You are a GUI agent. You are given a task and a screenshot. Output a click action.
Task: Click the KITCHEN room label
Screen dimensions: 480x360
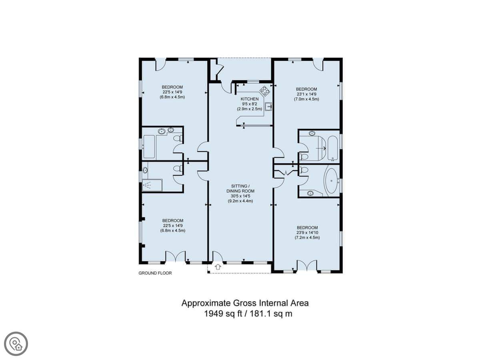tap(249, 99)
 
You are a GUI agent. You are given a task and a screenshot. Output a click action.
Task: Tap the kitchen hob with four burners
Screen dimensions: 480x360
tap(265, 91)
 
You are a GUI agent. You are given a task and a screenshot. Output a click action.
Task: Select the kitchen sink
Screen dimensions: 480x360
tap(268, 106)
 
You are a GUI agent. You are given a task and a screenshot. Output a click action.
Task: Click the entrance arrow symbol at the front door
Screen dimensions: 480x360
tap(218, 267)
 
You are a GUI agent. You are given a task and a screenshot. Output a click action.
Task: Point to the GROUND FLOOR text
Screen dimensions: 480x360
tap(155, 273)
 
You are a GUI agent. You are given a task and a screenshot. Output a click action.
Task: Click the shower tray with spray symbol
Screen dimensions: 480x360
tap(152, 185)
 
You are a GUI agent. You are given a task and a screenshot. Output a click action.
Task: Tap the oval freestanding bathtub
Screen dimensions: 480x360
tap(331, 181)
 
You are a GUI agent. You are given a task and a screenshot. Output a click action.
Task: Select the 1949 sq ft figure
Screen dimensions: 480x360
tap(223, 314)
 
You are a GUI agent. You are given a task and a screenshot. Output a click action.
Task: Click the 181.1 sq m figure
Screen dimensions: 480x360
tap(271, 314)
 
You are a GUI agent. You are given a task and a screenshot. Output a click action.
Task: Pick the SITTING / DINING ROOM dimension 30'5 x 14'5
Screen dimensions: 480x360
tap(240, 196)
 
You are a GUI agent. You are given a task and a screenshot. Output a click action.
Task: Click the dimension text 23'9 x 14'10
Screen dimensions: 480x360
tap(307, 232)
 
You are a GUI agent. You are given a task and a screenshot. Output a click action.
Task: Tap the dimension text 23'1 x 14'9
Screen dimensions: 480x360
tap(306, 94)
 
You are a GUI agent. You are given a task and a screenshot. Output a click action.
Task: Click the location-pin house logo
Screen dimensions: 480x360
tap(16, 344)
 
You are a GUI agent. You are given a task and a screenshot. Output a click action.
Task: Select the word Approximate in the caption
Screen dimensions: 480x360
tap(206, 303)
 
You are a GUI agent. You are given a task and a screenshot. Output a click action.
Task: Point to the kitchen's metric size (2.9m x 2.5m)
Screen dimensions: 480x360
tap(249, 109)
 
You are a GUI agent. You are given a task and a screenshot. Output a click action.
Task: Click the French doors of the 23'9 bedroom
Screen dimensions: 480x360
tap(306, 265)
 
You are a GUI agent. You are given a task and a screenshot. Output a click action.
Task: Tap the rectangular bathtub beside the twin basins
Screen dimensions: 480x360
tap(149, 146)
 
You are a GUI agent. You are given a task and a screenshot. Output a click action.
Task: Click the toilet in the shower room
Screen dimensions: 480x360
tap(178, 168)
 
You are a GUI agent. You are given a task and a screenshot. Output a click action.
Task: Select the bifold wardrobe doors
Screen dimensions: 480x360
tap(286, 173)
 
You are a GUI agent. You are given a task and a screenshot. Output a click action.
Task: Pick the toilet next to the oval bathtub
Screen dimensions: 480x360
tap(304, 170)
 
